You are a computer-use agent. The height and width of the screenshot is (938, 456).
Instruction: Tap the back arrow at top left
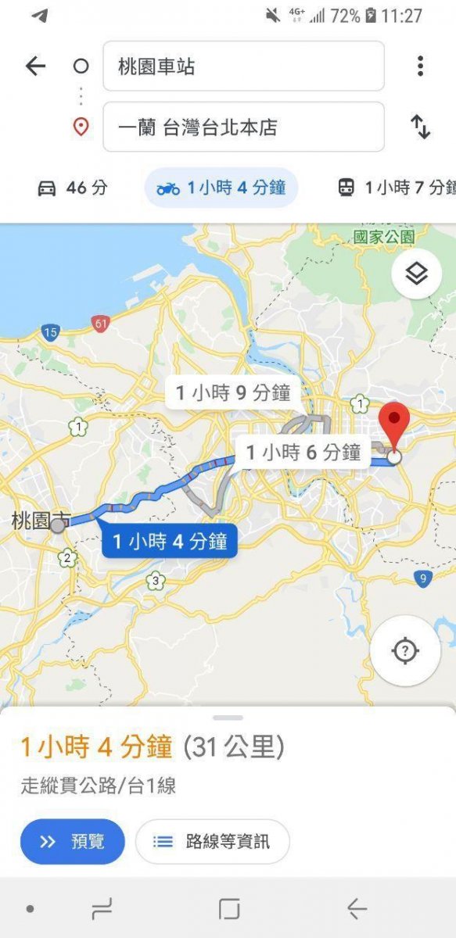pyautogui.click(x=36, y=66)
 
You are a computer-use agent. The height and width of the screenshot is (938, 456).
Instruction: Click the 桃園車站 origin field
pyautogui.click(x=243, y=66)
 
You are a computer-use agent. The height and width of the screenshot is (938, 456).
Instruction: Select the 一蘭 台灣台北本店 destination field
pyautogui.click(x=243, y=127)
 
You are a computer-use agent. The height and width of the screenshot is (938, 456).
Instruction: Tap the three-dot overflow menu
pyautogui.click(x=420, y=66)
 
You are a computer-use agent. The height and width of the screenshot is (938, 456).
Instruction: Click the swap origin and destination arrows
pyautogui.click(x=420, y=127)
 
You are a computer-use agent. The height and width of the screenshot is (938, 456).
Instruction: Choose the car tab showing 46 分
pyautogui.click(x=72, y=188)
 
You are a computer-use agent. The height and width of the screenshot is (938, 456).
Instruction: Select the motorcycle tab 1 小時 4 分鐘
pyautogui.click(x=221, y=188)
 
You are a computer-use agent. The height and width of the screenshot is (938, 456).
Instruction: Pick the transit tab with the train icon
pyautogui.click(x=395, y=188)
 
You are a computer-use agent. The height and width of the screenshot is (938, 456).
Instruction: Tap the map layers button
pyautogui.click(x=416, y=274)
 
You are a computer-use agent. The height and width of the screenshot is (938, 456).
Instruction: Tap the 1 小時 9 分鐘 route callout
pyautogui.click(x=233, y=392)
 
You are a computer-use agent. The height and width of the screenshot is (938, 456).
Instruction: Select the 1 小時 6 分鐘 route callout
pyautogui.click(x=303, y=452)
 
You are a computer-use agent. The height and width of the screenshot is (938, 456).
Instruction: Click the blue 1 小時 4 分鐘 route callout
pyautogui.click(x=169, y=541)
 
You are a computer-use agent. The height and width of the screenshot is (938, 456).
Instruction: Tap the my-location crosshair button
pyautogui.click(x=404, y=650)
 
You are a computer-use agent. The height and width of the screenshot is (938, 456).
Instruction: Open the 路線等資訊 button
pyautogui.click(x=212, y=841)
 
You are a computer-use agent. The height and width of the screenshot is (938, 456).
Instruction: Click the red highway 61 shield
pyautogui.click(x=99, y=323)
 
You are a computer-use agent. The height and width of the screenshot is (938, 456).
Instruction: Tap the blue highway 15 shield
pyautogui.click(x=51, y=334)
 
